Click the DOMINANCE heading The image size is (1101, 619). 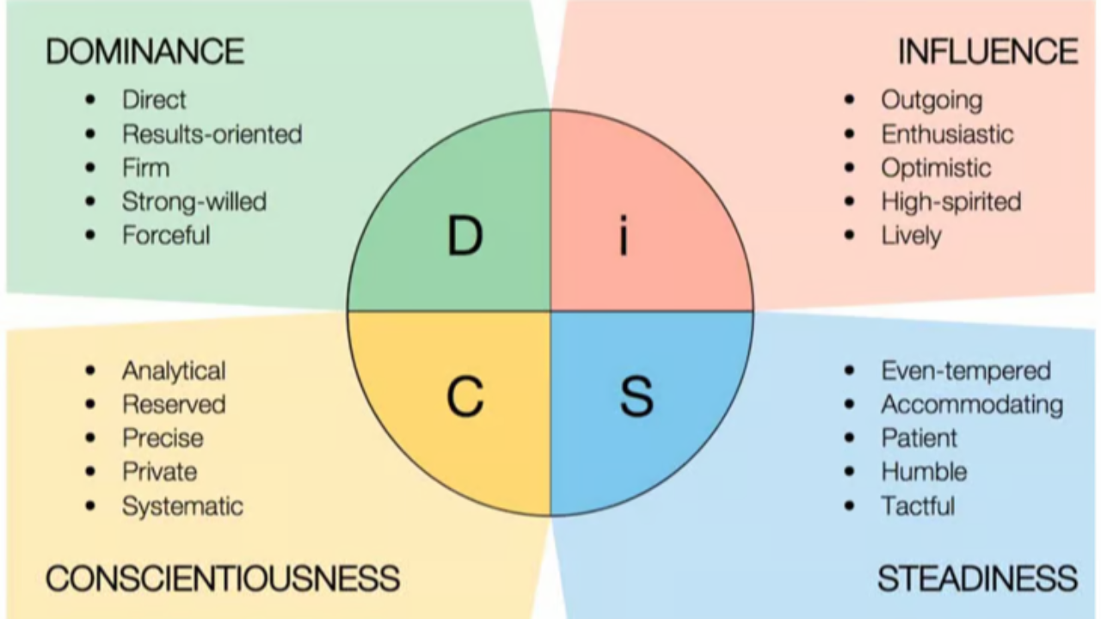[x=145, y=52]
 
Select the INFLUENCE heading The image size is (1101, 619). [x=987, y=52]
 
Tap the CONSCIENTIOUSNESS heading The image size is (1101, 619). [x=222, y=578]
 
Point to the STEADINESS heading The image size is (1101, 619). [x=977, y=578]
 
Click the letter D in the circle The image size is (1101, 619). [x=464, y=236]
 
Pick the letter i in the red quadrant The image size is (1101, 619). [x=624, y=236]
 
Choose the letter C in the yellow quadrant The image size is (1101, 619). [x=464, y=396]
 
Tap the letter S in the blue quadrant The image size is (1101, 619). [x=637, y=396]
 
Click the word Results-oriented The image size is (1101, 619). [x=212, y=134]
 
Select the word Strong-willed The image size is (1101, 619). [x=194, y=202]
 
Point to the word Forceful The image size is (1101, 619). [x=166, y=236]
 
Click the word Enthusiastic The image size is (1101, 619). [x=947, y=134]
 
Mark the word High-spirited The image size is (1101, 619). [x=950, y=202]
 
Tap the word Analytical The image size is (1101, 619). [x=174, y=371]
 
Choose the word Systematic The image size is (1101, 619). [x=182, y=506]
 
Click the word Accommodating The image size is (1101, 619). [x=972, y=404]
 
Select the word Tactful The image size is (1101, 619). [x=918, y=506]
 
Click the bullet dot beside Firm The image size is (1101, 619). [x=91, y=168]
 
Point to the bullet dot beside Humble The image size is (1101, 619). [x=850, y=471]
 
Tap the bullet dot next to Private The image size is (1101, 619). [x=91, y=471]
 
